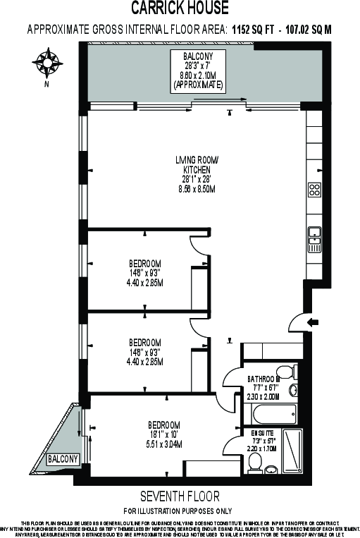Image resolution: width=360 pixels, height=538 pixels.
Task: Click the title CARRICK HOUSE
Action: click(x=180, y=8)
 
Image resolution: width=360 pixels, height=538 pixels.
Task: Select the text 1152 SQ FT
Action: click(x=256, y=30)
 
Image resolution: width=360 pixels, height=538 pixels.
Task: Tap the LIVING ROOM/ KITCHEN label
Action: click(x=197, y=165)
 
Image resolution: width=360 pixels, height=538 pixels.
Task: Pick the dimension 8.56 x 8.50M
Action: click(x=197, y=190)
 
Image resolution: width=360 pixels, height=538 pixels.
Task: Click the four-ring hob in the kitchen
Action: click(x=315, y=189)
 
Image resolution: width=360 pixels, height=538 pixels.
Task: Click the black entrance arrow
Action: click(x=314, y=322)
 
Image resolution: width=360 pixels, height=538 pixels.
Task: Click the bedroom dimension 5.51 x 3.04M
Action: click(x=163, y=444)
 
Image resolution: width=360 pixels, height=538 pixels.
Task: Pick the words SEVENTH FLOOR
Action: click(x=180, y=496)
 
